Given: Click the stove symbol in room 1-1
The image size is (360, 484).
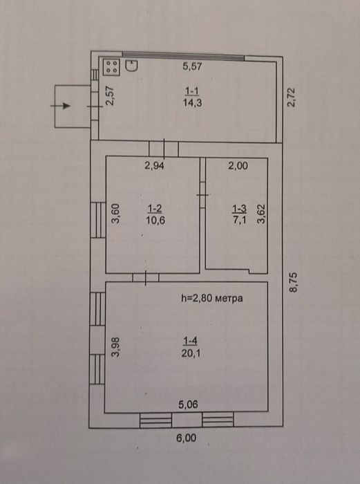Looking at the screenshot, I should [111, 67].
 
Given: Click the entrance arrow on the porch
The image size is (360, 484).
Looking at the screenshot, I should [61, 106].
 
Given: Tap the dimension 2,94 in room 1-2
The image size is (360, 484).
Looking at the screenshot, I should [155, 165].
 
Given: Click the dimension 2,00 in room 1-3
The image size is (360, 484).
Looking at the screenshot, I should [238, 165].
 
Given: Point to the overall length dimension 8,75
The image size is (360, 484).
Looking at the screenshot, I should [294, 283].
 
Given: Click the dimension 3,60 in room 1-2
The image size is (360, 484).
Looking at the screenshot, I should [116, 214].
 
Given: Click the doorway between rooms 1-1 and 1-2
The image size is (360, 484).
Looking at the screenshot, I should [164, 148].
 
